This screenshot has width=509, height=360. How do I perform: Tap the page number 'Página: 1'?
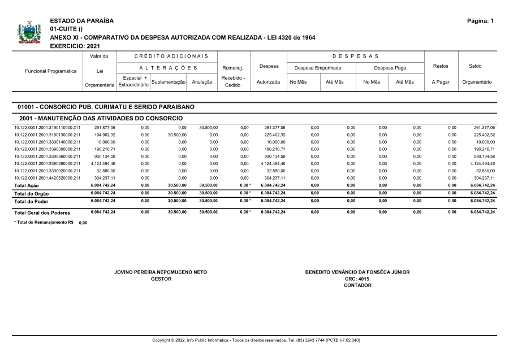tap(480, 21)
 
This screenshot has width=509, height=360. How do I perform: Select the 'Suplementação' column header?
tap(169, 82)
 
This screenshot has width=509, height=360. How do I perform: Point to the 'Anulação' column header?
tap(202, 82)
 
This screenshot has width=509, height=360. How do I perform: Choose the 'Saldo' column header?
tap(475, 66)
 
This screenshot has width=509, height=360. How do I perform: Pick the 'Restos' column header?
tap(440, 66)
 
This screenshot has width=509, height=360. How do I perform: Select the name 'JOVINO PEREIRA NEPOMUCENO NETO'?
tap(161, 272)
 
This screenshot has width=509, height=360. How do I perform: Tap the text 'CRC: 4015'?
tap(357, 279)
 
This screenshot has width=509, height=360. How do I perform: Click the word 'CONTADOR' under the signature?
tap(357, 285)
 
